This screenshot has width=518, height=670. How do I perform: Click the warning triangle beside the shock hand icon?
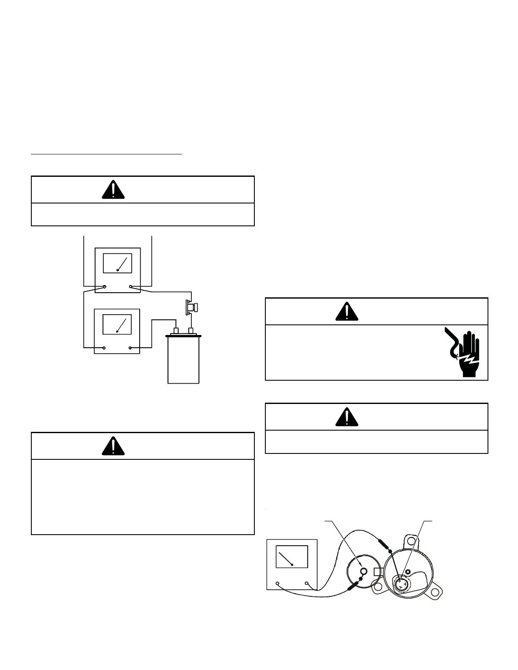coord(347,311)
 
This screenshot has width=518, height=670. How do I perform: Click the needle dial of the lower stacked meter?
coord(118,324)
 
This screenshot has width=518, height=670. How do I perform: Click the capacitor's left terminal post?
coord(176,330)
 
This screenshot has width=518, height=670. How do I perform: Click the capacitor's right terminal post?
coord(191,330)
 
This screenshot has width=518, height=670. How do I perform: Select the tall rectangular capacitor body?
coord(183,362)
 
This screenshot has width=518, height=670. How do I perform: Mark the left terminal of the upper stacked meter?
coord(105,287)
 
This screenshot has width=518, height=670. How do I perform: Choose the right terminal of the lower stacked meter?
coord(130,348)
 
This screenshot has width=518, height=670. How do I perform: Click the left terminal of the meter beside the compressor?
coord(277,583)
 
